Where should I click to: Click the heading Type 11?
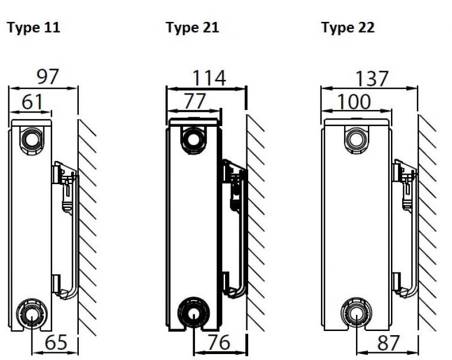coord(33,28)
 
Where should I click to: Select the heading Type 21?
coord(193,28)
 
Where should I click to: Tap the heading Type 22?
coord(348,28)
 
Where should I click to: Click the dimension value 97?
coord(48,76)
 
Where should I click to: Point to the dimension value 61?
coord(32,101)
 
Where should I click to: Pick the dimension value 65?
coord(56,342)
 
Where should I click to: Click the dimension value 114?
coord(209,78)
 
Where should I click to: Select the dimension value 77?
coord(195,101)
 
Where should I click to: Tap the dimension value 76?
coord(219,342)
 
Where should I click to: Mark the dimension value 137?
coord(372,78)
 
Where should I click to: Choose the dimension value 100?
coord(354,101)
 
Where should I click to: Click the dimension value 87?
coord(388,342)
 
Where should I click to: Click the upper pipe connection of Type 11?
coord(31,140)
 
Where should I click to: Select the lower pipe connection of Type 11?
coord(31,314)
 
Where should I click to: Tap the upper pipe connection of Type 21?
coord(193,140)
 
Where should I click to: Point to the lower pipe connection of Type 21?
coord(193,312)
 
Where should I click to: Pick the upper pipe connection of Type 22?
coord(357,140)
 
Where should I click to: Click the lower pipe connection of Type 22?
coord(356,313)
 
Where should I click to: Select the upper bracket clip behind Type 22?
coord(404,185)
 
